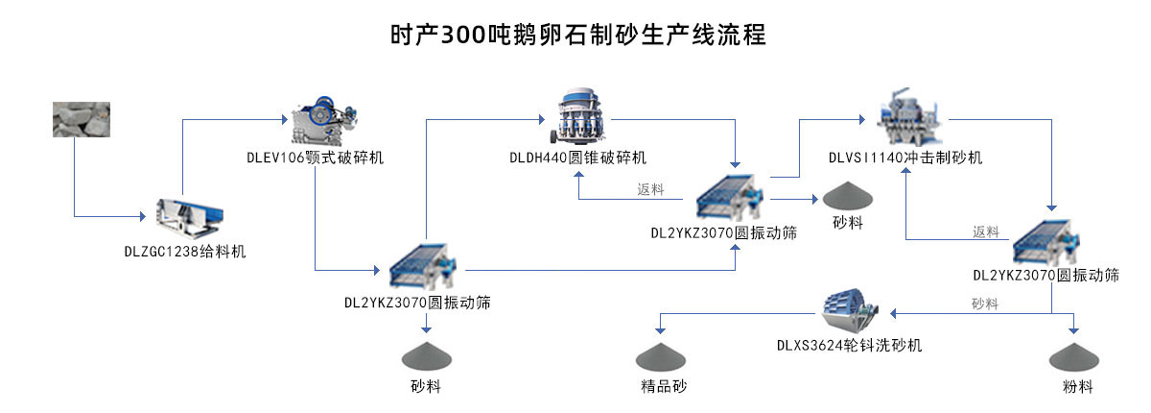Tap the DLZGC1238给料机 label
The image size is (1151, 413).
tap(185, 252)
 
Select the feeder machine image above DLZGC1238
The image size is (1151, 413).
tap(189, 218)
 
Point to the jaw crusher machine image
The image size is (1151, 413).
tap(323, 120)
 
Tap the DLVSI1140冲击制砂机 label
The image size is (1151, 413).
tap(905, 158)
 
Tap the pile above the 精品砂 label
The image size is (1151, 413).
tap(662, 356)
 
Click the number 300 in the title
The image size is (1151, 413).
tap(465, 36)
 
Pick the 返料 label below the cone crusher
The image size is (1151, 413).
tap(651, 190)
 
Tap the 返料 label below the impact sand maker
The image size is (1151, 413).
tap(985, 231)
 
